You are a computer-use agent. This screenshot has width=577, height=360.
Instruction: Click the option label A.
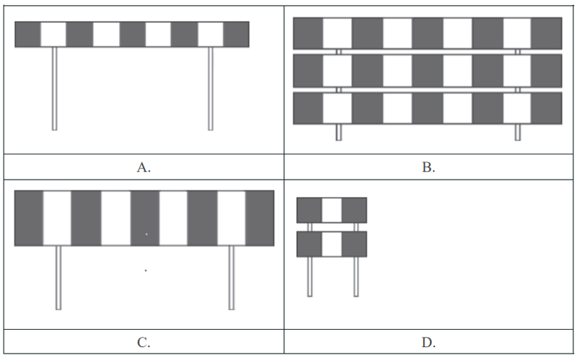point(144,167)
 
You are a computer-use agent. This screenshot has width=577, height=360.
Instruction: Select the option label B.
point(428,167)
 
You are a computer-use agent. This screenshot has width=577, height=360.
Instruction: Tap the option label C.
point(144,343)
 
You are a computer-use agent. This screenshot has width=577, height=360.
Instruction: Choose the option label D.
point(428,343)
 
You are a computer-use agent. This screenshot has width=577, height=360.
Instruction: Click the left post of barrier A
point(55,88)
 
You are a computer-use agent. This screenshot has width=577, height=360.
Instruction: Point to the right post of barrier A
point(211,88)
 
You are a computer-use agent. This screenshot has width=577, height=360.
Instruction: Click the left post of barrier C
point(58,278)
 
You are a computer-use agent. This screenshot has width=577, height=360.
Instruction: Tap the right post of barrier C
point(232,278)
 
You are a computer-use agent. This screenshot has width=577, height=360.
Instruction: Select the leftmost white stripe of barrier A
point(53,34)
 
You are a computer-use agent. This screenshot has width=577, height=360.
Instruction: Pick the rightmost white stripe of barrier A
point(211,34)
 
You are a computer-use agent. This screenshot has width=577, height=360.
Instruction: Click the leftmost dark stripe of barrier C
point(29,218)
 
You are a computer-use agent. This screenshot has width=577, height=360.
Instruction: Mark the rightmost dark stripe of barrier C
point(260,218)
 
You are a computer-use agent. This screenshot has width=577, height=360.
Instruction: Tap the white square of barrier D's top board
point(332,210)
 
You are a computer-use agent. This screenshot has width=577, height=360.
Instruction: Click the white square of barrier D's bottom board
point(332,244)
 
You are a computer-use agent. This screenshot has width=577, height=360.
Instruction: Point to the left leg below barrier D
point(310,276)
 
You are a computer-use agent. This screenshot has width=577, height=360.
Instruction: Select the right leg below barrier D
point(356,276)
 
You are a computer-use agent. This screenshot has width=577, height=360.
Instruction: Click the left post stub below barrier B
point(338,132)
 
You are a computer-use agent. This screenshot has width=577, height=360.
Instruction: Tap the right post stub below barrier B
point(517,132)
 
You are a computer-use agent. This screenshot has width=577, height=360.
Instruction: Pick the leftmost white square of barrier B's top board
point(338,33)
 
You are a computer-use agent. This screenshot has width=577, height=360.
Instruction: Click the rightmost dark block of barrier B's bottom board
point(546,108)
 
